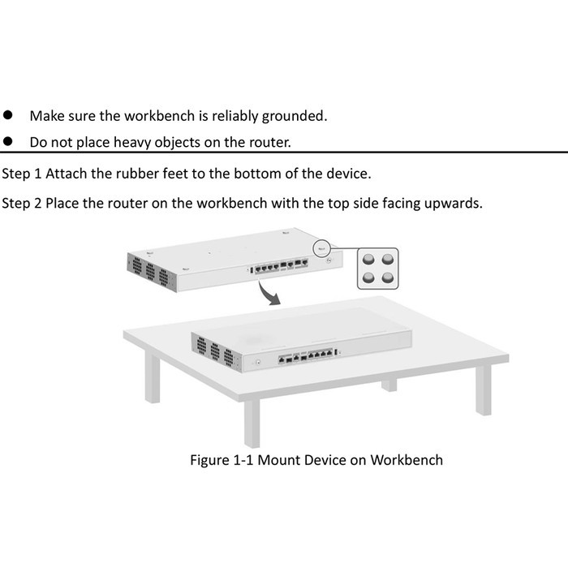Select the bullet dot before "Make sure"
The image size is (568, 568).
[x=8, y=115]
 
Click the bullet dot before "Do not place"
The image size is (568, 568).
[x=8, y=142]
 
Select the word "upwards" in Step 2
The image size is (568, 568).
[x=454, y=202]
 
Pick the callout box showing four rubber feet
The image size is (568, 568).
[x=378, y=269]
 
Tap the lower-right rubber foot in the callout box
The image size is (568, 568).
[x=388, y=278]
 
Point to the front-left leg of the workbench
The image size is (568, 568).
[x=252, y=421]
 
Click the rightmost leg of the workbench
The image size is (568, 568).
[x=483, y=389]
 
